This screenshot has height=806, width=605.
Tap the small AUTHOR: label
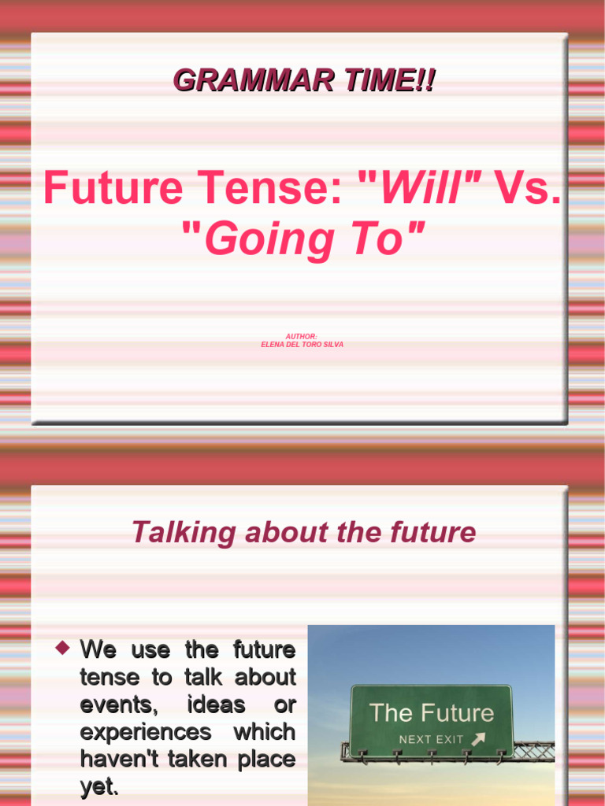(x=302, y=336)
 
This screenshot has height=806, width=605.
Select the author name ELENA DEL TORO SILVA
(x=302, y=345)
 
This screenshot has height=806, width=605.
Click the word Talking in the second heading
(x=172, y=533)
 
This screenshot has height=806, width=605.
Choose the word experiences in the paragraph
(x=146, y=732)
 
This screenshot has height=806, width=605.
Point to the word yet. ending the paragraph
(x=99, y=787)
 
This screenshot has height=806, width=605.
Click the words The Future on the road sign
(x=431, y=713)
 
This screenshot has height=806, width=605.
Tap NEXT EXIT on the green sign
(x=431, y=740)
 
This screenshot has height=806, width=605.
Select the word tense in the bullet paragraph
(x=109, y=677)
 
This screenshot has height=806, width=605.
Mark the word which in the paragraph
(x=264, y=732)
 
